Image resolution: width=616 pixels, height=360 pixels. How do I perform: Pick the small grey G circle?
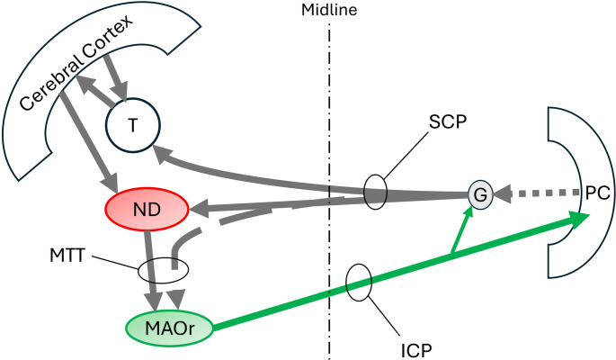coord(479,193)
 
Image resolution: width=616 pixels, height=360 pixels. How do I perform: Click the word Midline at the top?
coord(331,11)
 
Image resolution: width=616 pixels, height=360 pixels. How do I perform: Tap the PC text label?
coord(596,193)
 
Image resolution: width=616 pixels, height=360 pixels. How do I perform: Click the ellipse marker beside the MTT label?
coord(163,269)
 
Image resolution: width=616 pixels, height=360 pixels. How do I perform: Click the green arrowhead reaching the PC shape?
coord(578,217)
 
